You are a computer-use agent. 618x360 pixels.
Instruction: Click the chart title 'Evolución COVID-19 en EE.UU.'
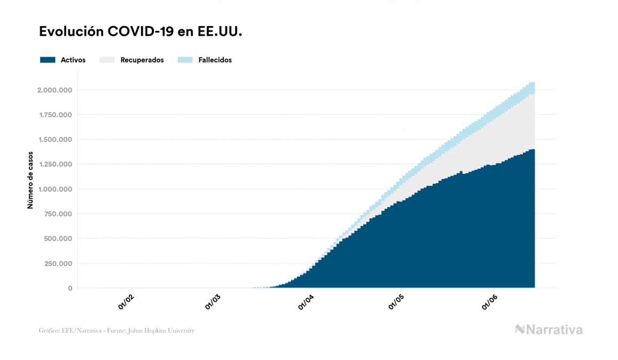(140, 32)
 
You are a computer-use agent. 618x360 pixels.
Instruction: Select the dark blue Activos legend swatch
(48, 60)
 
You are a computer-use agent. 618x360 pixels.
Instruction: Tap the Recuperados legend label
(142, 60)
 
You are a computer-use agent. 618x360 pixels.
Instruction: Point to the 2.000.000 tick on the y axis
(54, 90)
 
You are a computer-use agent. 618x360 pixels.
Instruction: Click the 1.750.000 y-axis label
(54, 115)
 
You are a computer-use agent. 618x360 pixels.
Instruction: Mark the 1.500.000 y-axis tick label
(54, 139)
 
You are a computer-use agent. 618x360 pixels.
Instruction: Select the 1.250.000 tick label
(54, 164)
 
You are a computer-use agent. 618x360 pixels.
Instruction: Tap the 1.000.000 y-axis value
(54, 189)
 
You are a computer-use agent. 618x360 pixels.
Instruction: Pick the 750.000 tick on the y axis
(58, 214)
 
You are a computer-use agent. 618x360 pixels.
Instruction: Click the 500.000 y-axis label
(58, 239)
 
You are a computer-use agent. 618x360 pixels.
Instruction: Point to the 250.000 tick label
(58, 263)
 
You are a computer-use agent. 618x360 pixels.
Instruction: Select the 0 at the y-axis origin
(70, 288)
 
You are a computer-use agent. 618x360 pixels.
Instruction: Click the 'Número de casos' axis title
(31, 180)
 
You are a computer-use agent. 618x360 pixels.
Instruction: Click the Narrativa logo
(548, 330)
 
